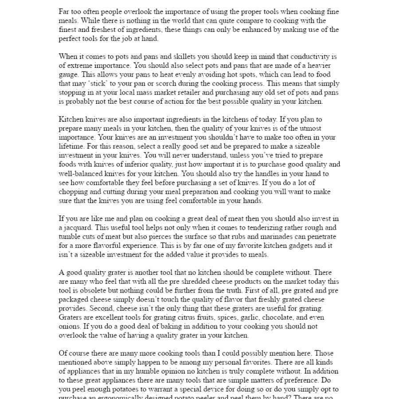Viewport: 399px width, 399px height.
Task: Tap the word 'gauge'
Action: point(69,74)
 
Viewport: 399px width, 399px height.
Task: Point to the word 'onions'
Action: point(69,326)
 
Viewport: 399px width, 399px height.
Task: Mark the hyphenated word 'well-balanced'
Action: point(81,173)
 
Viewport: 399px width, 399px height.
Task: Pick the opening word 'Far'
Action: point(64,12)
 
